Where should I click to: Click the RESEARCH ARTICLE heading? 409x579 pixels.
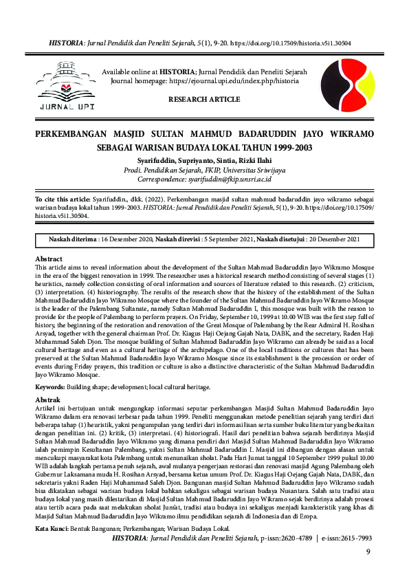click(204, 100)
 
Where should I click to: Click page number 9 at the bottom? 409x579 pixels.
click(368, 551)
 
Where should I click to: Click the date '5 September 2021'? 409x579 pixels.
click(231, 239)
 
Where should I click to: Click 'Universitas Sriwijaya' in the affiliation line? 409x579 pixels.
click(228, 169)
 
